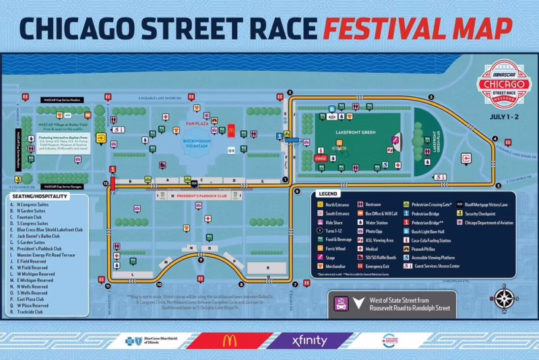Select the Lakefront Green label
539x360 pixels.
pyautogui.click(x=354, y=133)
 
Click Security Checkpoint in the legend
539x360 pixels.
pyautogui.click(x=483, y=213)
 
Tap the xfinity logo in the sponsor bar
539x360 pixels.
pyautogui.click(x=311, y=340)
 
